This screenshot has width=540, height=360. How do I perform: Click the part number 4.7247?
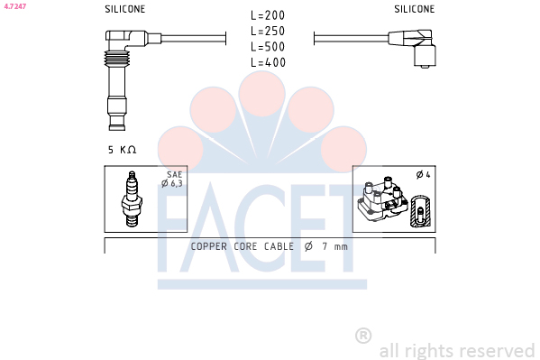pos(14,6)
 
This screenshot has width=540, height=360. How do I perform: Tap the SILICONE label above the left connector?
pos(125,9)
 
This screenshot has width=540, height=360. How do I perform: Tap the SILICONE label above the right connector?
pos(415,9)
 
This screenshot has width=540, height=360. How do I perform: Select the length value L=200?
pos(268,15)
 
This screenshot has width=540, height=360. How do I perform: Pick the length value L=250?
pos(268,31)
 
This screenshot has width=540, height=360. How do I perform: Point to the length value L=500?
pos(268,47)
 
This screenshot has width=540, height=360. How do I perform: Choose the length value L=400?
pos(268,62)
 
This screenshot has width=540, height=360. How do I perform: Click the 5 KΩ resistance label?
pos(123,150)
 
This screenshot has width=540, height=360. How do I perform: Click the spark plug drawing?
pos(132,199)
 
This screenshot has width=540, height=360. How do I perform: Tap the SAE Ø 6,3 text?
pos(172,179)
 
